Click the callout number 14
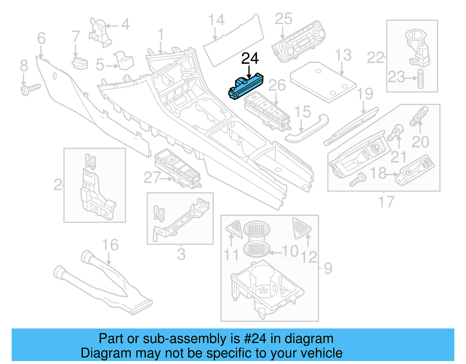(216, 20)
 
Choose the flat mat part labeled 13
(323, 82)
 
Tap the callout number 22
(375, 58)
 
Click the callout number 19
(365, 94)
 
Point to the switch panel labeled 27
(178, 169)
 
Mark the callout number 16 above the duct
(110, 245)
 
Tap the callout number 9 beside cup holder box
(328, 268)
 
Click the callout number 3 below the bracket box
(181, 254)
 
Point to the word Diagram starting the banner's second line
(98, 353)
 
